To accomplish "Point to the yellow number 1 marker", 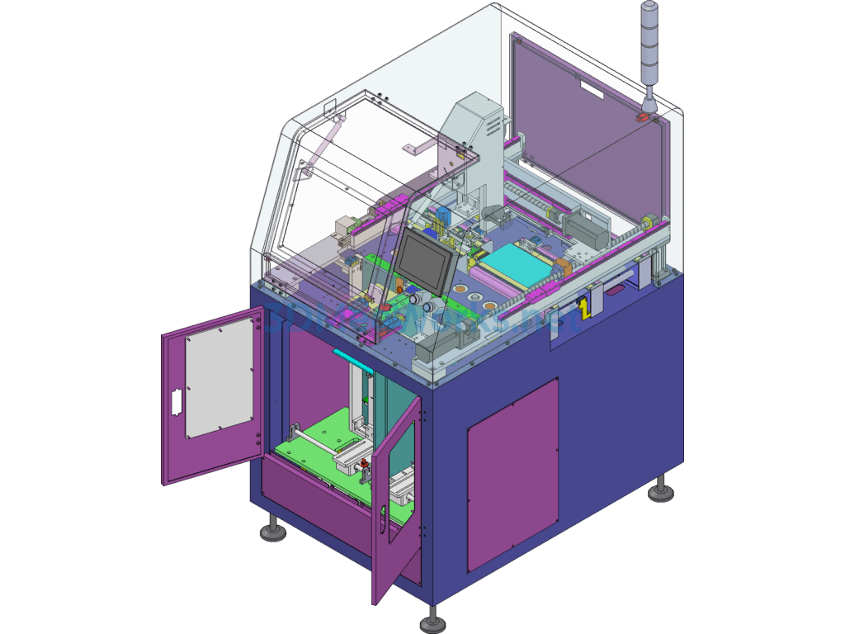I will pyautogui.click(x=585, y=309).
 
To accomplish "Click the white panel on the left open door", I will pyautogui.click(x=219, y=377).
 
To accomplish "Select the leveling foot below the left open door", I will pyautogui.click(x=273, y=530).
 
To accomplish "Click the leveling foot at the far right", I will pyautogui.click(x=660, y=492).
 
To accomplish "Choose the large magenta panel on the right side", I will pyautogui.click(x=512, y=474).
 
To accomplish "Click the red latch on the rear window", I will pyautogui.click(x=642, y=120).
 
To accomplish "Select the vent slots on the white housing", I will pyautogui.click(x=493, y=125).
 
